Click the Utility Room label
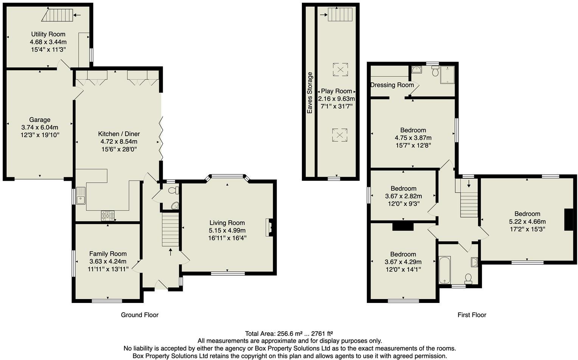click(x=48, y=34)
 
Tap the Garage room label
click(x=40, y=120)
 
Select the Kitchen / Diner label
click(x=119, y=134)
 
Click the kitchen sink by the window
click(x=81, y=196)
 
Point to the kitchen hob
click(x=107, y=216)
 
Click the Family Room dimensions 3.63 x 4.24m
click(x=108, y=262)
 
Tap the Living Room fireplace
click(x=269, y=227)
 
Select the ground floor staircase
click(x=170, y=230)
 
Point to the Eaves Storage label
click(x=310, y=93)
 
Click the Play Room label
click(x=336, y=91)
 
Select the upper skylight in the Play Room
click(x=340, y=70)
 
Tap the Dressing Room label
click(x=392, y=85)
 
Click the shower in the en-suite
click(x=447, y=75)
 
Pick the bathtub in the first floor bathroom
click(x=444, y=270)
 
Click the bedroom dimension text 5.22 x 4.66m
click(x=527, y=222)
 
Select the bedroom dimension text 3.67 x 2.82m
click(x=403, y=196)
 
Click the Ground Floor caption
click(x=140, y=315)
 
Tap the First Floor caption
click(x=472, y=315)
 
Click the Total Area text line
click(x=289, y=334)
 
